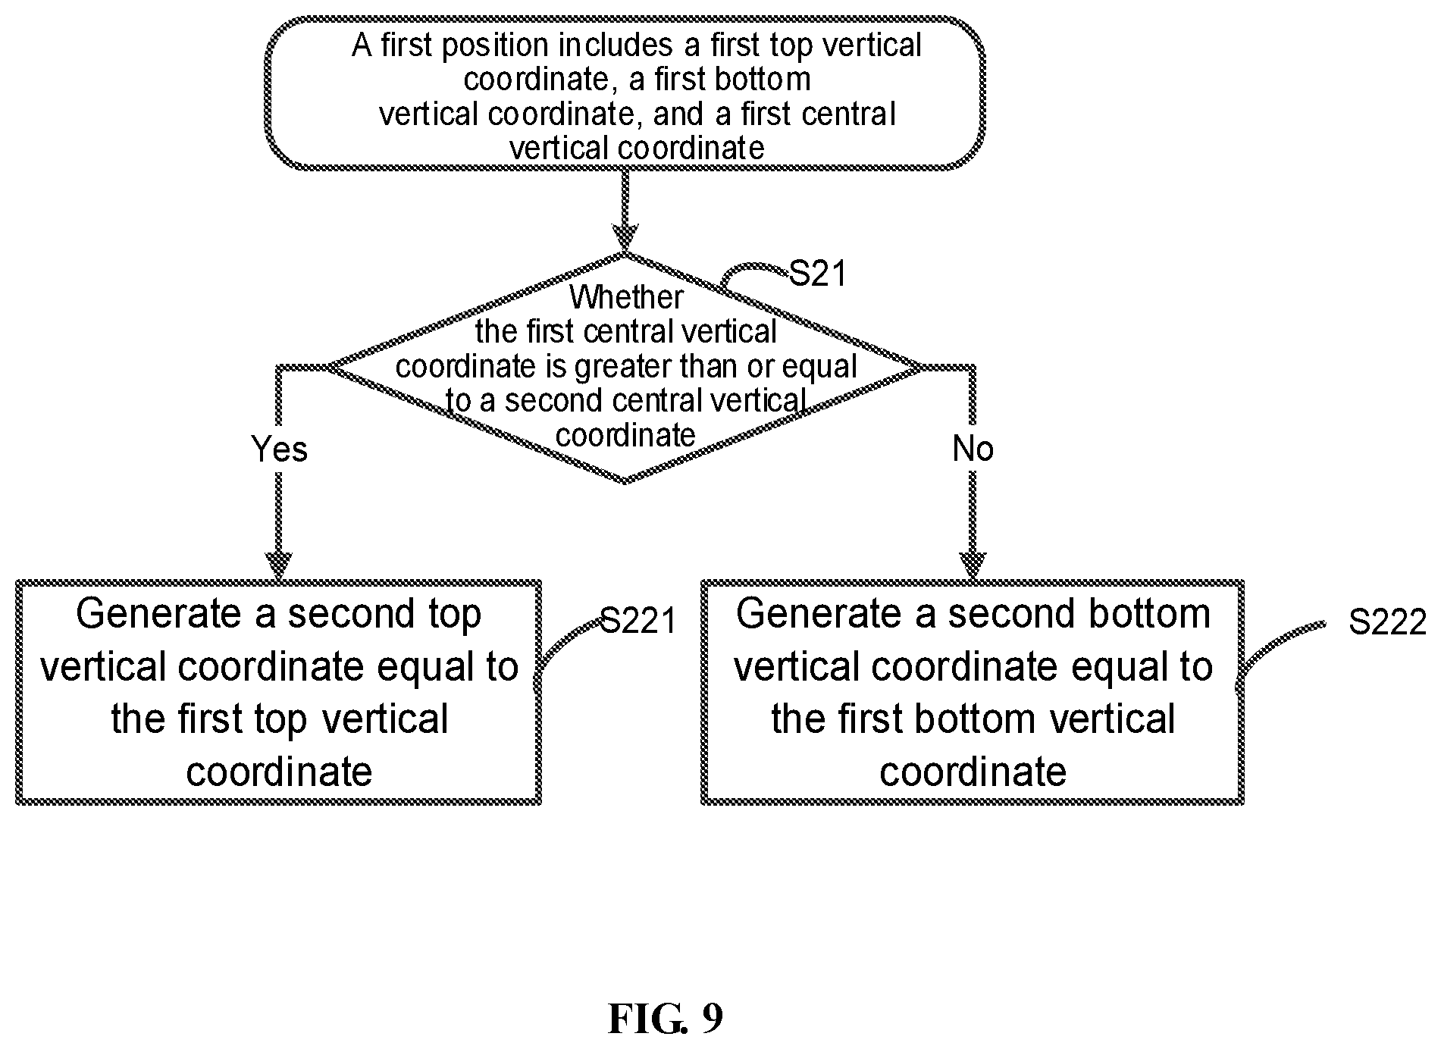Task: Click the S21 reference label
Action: pos(817,274)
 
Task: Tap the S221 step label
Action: pos(638,621)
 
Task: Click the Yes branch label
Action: pos(279,449)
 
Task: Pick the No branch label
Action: pos(973,449)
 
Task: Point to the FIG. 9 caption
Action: pos(665,1019)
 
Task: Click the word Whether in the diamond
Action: pos(626,297)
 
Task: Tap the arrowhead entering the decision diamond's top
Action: pos(625,236)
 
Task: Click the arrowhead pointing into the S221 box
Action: pos(279,565)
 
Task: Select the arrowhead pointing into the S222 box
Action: pos(973,565)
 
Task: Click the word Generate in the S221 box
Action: pos(159,614)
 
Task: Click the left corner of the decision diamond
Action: pos(328,368)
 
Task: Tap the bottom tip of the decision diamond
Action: pos(625,482)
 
